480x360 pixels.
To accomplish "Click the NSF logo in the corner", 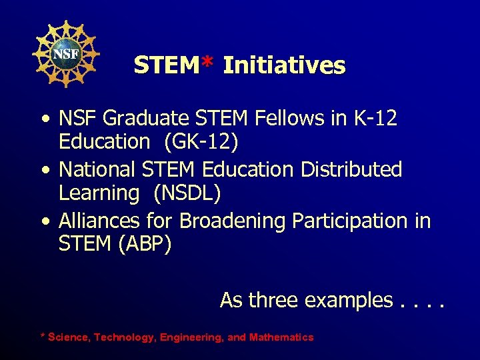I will [x=66, y=53].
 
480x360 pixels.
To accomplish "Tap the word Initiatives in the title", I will [x=284, y=65].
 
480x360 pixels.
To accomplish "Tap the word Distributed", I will [x=351, y=170].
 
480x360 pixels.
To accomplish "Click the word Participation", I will [x=349, y=221].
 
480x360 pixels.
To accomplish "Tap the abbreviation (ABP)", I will [x=144, y=244].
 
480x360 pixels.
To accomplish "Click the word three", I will [x=273, y=301].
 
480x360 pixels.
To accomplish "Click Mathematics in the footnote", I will [x=281, y=337].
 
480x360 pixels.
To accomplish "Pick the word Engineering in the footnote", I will [x=192, y=337].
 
